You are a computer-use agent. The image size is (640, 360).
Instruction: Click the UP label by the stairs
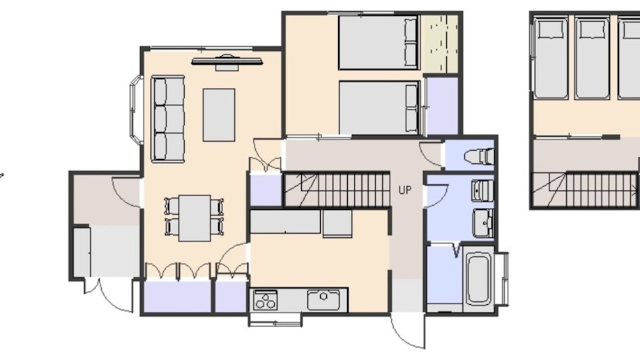[405, 190]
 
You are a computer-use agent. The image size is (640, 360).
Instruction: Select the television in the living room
[227, 62]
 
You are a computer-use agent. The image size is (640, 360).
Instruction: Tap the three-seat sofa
[168, 119]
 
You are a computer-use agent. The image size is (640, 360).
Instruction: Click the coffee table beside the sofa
[219, 115]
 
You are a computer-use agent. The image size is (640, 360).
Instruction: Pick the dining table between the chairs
[195, 218]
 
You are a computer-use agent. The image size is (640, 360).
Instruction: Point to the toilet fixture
[479, 156]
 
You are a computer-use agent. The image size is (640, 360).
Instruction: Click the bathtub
[479, 279]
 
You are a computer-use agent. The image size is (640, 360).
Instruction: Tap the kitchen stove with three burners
[266, 300]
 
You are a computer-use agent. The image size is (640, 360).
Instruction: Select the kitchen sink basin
[323, 300]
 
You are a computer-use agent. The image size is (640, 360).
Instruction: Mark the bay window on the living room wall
[135, 109]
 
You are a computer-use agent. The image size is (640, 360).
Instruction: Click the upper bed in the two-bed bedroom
[379, 43]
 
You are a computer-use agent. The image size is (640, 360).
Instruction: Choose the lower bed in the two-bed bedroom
[379, 108]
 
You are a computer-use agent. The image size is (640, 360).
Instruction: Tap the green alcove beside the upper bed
[441, 43]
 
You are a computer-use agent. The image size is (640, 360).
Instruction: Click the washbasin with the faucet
[483, 223]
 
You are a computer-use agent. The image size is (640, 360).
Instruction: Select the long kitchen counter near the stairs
[285, 222]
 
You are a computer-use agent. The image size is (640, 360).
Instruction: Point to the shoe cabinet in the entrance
[82, 252]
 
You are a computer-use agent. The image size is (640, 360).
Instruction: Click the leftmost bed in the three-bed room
[551, 58]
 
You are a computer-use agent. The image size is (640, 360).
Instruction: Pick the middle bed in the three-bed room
[592, 58]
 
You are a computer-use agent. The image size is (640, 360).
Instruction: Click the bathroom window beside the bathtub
[502, 279]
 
